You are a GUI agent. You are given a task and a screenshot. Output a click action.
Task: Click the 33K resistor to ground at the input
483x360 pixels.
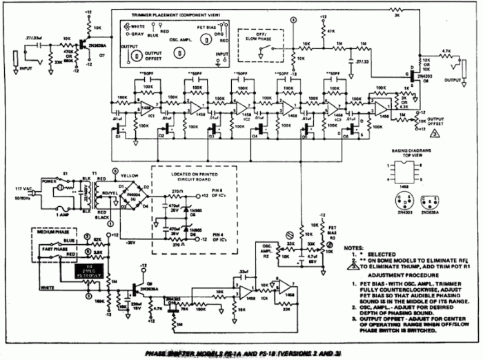coord(55,62)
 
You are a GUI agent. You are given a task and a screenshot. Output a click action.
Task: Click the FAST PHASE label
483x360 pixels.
coord(48,250)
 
